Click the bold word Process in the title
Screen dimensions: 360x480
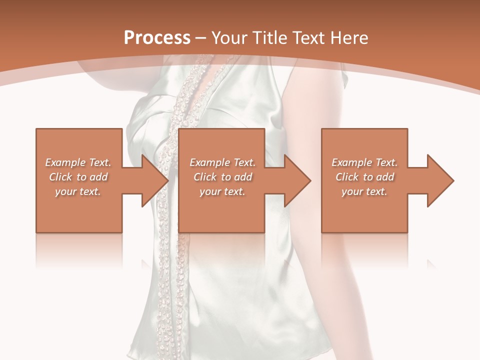tap(157, 37)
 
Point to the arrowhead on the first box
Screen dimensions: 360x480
tap(152, 180)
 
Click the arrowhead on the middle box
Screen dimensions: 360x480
tap(295, 180)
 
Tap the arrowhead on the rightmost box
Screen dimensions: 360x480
tap(438, 180)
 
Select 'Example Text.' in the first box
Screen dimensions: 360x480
tap(78, 162)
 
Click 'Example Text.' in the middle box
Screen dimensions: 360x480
tap(222, 162)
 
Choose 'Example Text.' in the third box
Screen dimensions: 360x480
tap(364, 162)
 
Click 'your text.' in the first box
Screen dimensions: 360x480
tap(78, 191)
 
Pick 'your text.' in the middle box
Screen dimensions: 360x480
tap(222, 191)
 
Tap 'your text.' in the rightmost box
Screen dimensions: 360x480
tap(364, 191)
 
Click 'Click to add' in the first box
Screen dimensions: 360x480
tap(78, 177)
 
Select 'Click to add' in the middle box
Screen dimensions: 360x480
tap(222, 177)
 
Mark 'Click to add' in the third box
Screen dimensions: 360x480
tap(364, 177)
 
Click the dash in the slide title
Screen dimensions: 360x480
tap(201, 38)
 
